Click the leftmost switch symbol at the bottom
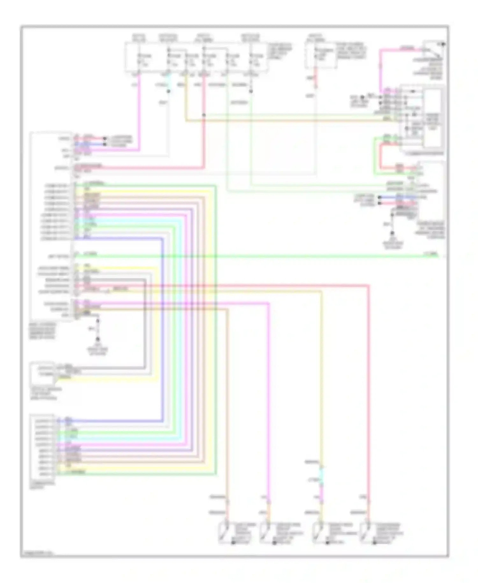point(224,532)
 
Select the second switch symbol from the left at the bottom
point(265,532)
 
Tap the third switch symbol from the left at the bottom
point(318,532)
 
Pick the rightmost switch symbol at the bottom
point(365,532)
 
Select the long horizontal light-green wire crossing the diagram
point(255,256)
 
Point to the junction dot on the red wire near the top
point(204,115)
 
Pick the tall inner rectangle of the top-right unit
point(433,118)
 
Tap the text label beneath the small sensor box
point(44,394)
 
